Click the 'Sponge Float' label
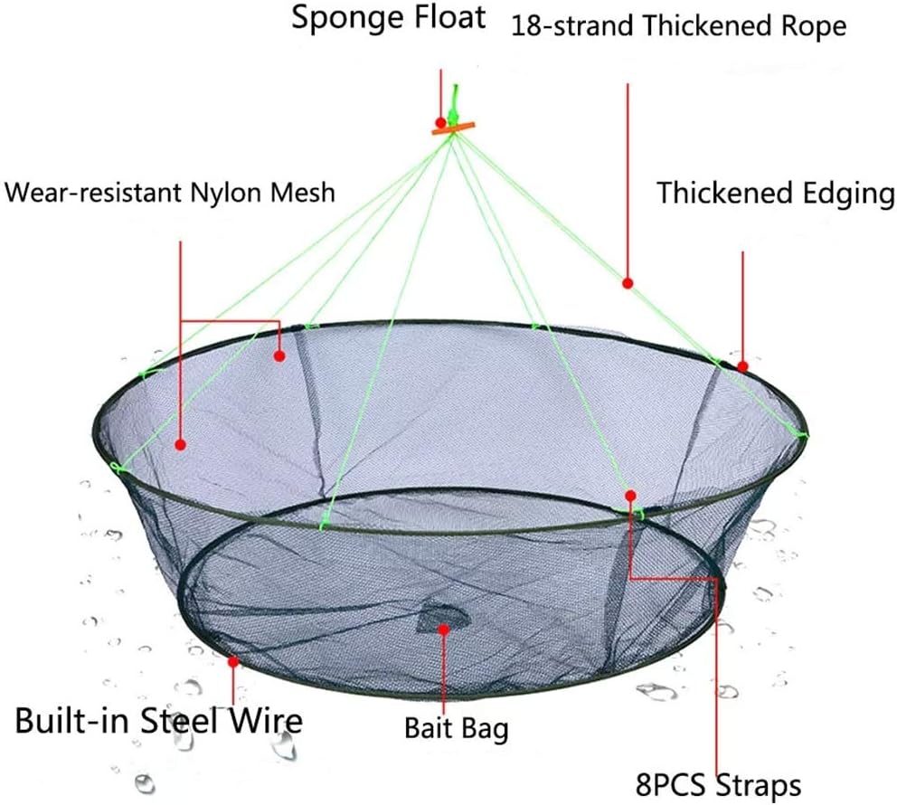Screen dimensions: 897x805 pos(389,18)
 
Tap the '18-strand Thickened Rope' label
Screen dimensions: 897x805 pos(678,26)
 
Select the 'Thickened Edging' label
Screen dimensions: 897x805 pos(776,194)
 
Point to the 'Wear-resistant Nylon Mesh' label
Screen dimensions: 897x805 pos(170,193)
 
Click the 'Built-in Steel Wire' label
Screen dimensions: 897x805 pos(158,720)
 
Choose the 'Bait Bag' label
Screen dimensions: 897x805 pos(457,729)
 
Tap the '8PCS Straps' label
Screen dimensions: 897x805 pos(719,785)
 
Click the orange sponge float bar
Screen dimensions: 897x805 pos(453,128)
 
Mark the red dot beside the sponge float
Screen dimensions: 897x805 pos(440,122)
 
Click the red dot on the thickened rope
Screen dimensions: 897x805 pos(628,283)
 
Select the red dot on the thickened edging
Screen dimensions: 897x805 pos(742,366)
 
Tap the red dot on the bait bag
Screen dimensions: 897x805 pos(443,630)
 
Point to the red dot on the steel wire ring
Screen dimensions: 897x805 pos(232,662)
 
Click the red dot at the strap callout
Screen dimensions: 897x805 pos(630,496)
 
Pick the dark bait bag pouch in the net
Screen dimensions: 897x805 pos(443,618)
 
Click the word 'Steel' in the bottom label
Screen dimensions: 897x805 pos(180,720)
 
